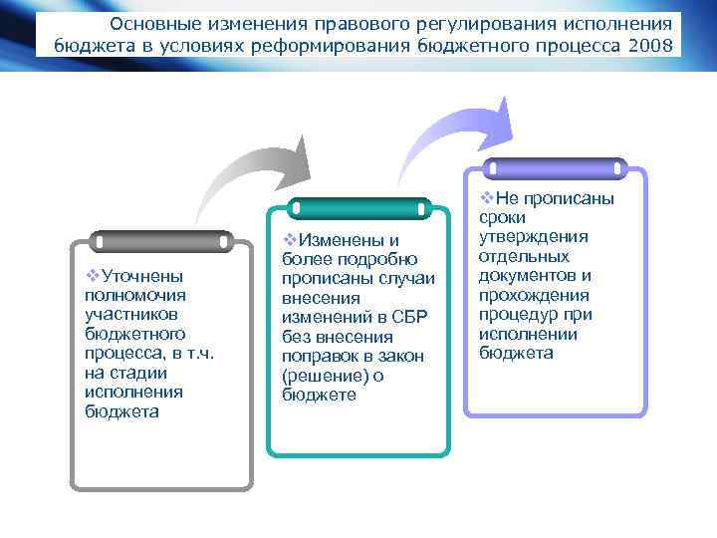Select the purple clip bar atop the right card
click(x=554, y=168)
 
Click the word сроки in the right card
click(x=502, y=217)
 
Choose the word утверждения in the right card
click(x=534, y=236)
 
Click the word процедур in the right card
click(x=515, y=315)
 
